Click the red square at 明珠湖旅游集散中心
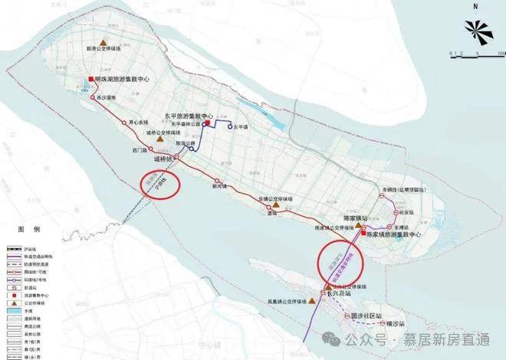(90, 80)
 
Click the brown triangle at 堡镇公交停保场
(271, 205)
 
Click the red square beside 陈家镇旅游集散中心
(363, 232)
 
